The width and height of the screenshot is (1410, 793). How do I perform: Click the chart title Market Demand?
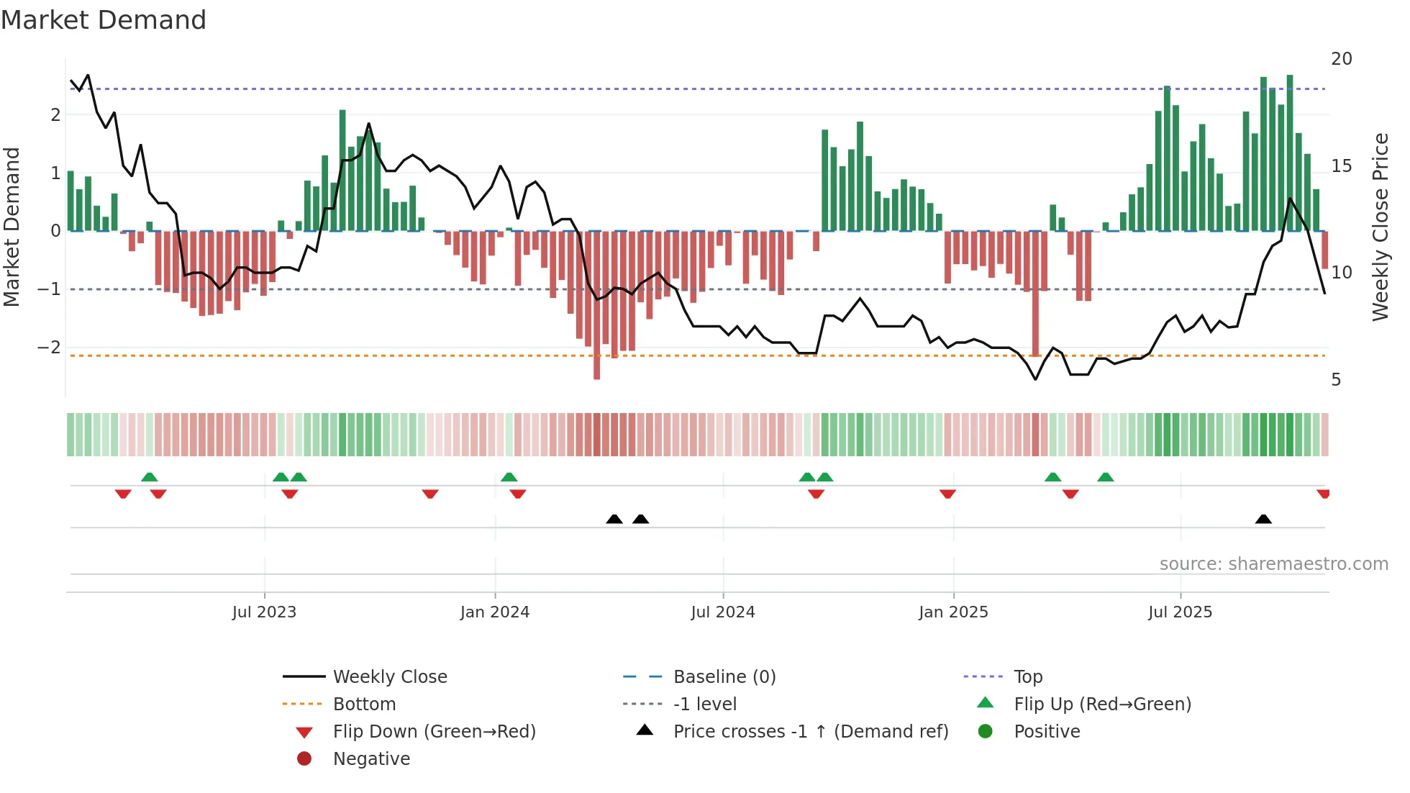click(104, 20)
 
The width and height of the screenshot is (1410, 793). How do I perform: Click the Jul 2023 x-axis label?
click(264, 612)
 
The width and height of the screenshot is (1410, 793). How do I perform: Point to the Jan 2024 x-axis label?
click(495, 612)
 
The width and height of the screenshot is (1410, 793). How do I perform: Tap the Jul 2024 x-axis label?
click(723, 612)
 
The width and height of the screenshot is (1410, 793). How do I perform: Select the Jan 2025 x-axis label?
click(953, 612)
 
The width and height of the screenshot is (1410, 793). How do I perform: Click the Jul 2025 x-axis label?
click(1180, 612)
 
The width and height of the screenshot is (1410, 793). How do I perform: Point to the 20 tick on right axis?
click(1341, 59)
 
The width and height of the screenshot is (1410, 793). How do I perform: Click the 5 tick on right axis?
click(1336, 380)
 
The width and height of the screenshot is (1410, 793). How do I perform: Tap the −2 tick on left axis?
click(50, 348)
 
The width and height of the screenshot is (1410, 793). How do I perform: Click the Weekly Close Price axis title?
click(1380, 227)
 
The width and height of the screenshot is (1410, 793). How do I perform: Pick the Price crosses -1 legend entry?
click(810, 732)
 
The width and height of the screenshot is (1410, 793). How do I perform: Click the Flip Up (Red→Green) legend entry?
click(1102, 704)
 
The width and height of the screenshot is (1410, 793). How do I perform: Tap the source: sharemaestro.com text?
click(1273, 564)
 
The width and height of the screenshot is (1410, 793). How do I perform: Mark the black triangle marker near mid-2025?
click(1263, 519)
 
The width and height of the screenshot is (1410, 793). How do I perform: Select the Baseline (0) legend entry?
click(724, 677)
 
